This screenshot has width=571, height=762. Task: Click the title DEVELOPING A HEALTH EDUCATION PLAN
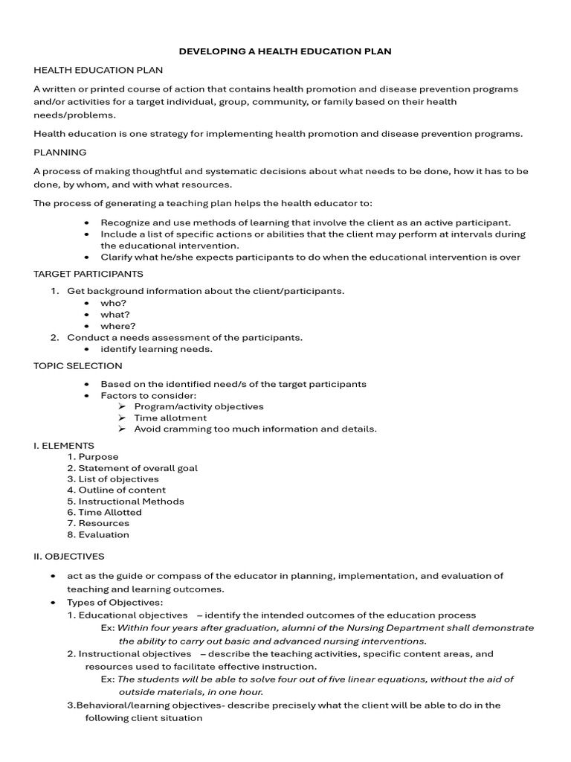click(x=285, y=51)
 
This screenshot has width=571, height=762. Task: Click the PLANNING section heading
click(x=59, y=153)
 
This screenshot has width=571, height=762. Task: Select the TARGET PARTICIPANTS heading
click(x=88, y=274)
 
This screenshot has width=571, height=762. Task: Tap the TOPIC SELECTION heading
click(x=78, y=366)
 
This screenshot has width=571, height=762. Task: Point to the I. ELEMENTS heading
click(x=64, y=446)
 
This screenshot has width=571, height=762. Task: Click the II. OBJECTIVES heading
click(x=69, y=556)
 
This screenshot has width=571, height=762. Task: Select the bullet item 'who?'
click(x=114, y=304)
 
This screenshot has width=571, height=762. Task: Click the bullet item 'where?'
click(x=118, y=326)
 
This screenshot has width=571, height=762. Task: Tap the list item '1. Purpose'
click(x=93, y=457)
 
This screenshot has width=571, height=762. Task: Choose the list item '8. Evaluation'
click(x=98, y=534)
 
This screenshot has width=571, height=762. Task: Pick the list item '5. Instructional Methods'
click(x=126, y=501)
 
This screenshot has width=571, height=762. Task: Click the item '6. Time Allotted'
click(x=104, y=512)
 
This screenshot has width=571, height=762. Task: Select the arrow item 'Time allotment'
click(x=170, y=417)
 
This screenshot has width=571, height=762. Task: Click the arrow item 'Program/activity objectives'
click(x=199, y=406)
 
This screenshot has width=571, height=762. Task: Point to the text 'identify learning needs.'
click(x=156, y=349)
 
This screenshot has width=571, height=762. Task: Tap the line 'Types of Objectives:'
click(x=114, y=602)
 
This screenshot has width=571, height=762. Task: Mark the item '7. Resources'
click(x=98, y=523)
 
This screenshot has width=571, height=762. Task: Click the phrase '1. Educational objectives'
click(x=128, y=615)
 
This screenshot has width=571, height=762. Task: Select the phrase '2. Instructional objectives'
click(x=129, y=654)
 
